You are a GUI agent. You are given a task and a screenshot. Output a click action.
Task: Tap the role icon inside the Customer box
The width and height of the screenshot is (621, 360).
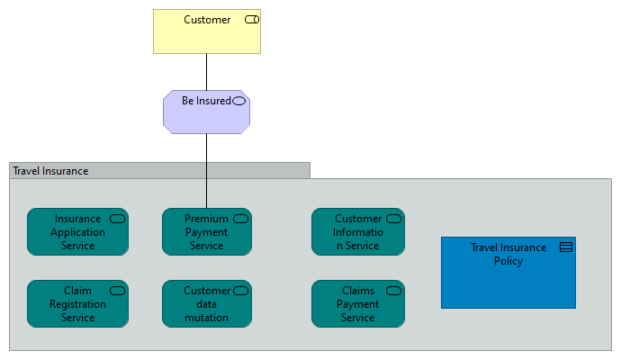coord(252,20)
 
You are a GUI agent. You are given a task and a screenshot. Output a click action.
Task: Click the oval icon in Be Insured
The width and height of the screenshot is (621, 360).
coord(238,101)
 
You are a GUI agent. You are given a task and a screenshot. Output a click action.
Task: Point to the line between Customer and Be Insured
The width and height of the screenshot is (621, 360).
coord(206,72)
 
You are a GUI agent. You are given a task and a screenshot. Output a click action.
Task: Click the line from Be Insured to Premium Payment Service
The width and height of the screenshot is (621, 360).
coord(206,171)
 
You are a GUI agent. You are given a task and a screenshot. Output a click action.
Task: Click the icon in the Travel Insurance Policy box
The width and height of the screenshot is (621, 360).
coord(566,247)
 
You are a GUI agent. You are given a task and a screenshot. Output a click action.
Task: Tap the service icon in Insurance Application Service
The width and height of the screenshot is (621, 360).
coord(117,219)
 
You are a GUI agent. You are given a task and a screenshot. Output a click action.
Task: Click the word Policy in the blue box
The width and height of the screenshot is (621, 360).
coord(508,261)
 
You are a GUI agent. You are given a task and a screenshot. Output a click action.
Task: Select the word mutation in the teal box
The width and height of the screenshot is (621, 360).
coord(206,318)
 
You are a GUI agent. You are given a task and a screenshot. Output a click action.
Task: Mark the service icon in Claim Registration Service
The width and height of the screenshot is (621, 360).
coord(117,291)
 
